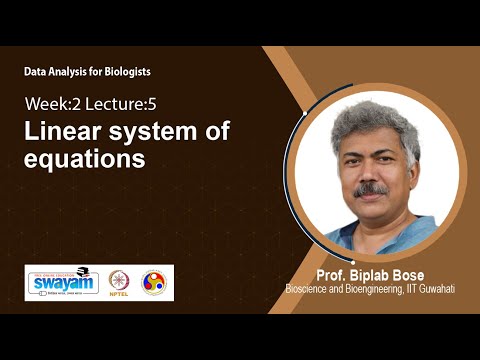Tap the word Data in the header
click(x=37, y=72)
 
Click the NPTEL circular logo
click(x=119, y=282)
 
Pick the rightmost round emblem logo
click(x=154, y=282)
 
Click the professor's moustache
click(x=371, y=188)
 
